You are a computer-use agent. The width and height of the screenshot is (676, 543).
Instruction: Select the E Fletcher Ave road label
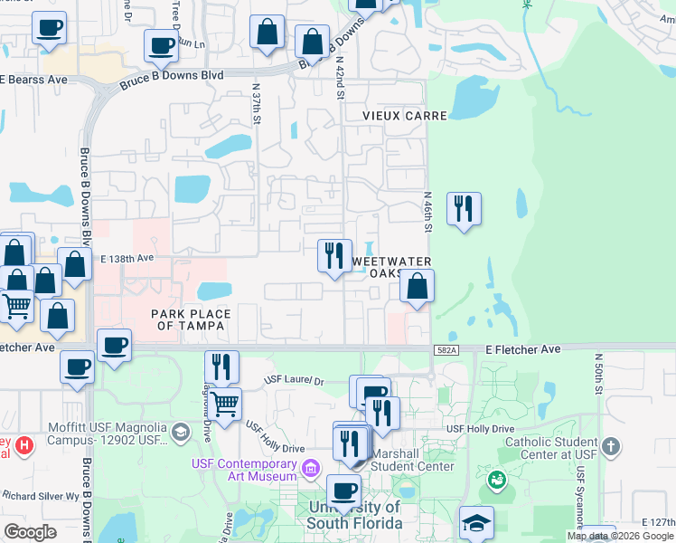523,348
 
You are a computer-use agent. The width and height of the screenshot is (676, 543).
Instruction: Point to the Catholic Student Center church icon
611,446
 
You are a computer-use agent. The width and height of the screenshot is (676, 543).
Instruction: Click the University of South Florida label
354,516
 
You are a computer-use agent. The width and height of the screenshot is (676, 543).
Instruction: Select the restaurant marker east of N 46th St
464,209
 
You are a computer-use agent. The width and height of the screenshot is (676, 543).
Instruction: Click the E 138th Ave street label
127,258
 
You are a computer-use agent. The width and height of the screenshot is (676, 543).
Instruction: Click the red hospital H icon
25,446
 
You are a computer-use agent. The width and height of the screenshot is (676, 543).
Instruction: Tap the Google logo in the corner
30,531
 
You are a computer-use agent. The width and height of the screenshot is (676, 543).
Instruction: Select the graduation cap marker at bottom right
476,523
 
